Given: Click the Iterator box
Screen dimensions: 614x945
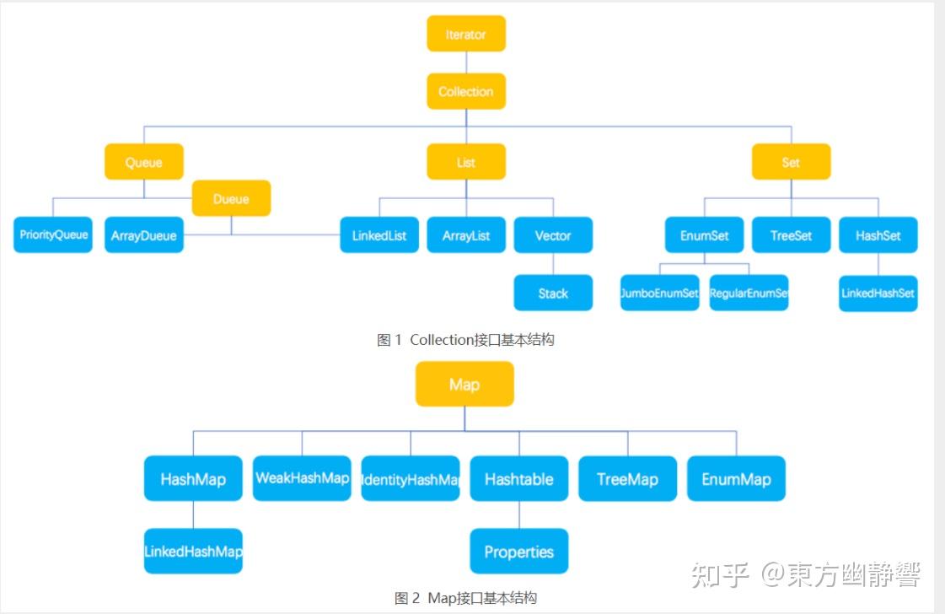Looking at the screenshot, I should tap(465, 35).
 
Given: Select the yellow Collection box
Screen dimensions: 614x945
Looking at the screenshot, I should tap(465, 91).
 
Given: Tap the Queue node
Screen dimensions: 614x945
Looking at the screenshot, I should tap(143, 162).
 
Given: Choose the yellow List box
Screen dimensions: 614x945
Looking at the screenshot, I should tap(465, 162).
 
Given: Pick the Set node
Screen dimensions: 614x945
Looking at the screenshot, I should tap(791, 162).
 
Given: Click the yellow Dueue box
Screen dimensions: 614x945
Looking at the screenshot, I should tap(231, 199).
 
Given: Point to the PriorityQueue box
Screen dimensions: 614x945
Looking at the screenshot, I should tap(53, 235).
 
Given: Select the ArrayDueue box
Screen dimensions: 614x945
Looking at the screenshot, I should tap(143, 235).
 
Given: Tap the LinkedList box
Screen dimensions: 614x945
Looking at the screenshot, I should tap(379, 235).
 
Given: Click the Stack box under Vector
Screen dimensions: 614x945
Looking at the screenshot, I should tap(553, 294).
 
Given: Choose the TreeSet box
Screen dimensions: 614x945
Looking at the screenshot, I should tap(791, 235).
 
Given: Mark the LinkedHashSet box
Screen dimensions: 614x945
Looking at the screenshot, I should tap(878, 294).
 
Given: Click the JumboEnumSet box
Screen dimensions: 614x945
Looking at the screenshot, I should tap(659, 294).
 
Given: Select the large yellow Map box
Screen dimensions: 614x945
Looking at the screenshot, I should tap(464, 385).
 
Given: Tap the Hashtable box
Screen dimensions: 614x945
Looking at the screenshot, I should tap(518, 479).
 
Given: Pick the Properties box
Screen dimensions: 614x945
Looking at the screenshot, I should tap(518, 552).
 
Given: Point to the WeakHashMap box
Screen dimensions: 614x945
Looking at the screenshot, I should tap(302, 478).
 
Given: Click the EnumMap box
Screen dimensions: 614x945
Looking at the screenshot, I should tap(736, 479).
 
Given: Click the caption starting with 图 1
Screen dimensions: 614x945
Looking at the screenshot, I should tap(465, 340).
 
